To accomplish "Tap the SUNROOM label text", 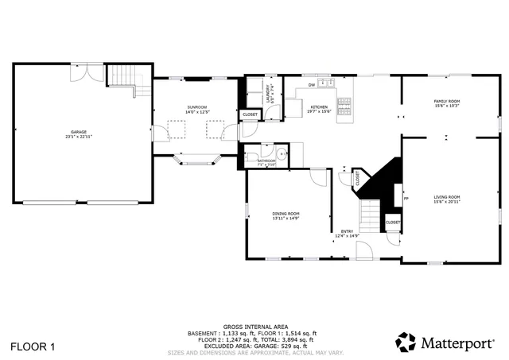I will pos(196,109).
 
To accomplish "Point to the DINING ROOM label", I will pos(286,215).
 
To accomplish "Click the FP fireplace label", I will pos(406,199).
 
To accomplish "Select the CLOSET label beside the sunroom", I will pos(249,114).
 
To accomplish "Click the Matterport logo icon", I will pos(406,343).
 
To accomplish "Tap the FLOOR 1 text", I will pos(33,346).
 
